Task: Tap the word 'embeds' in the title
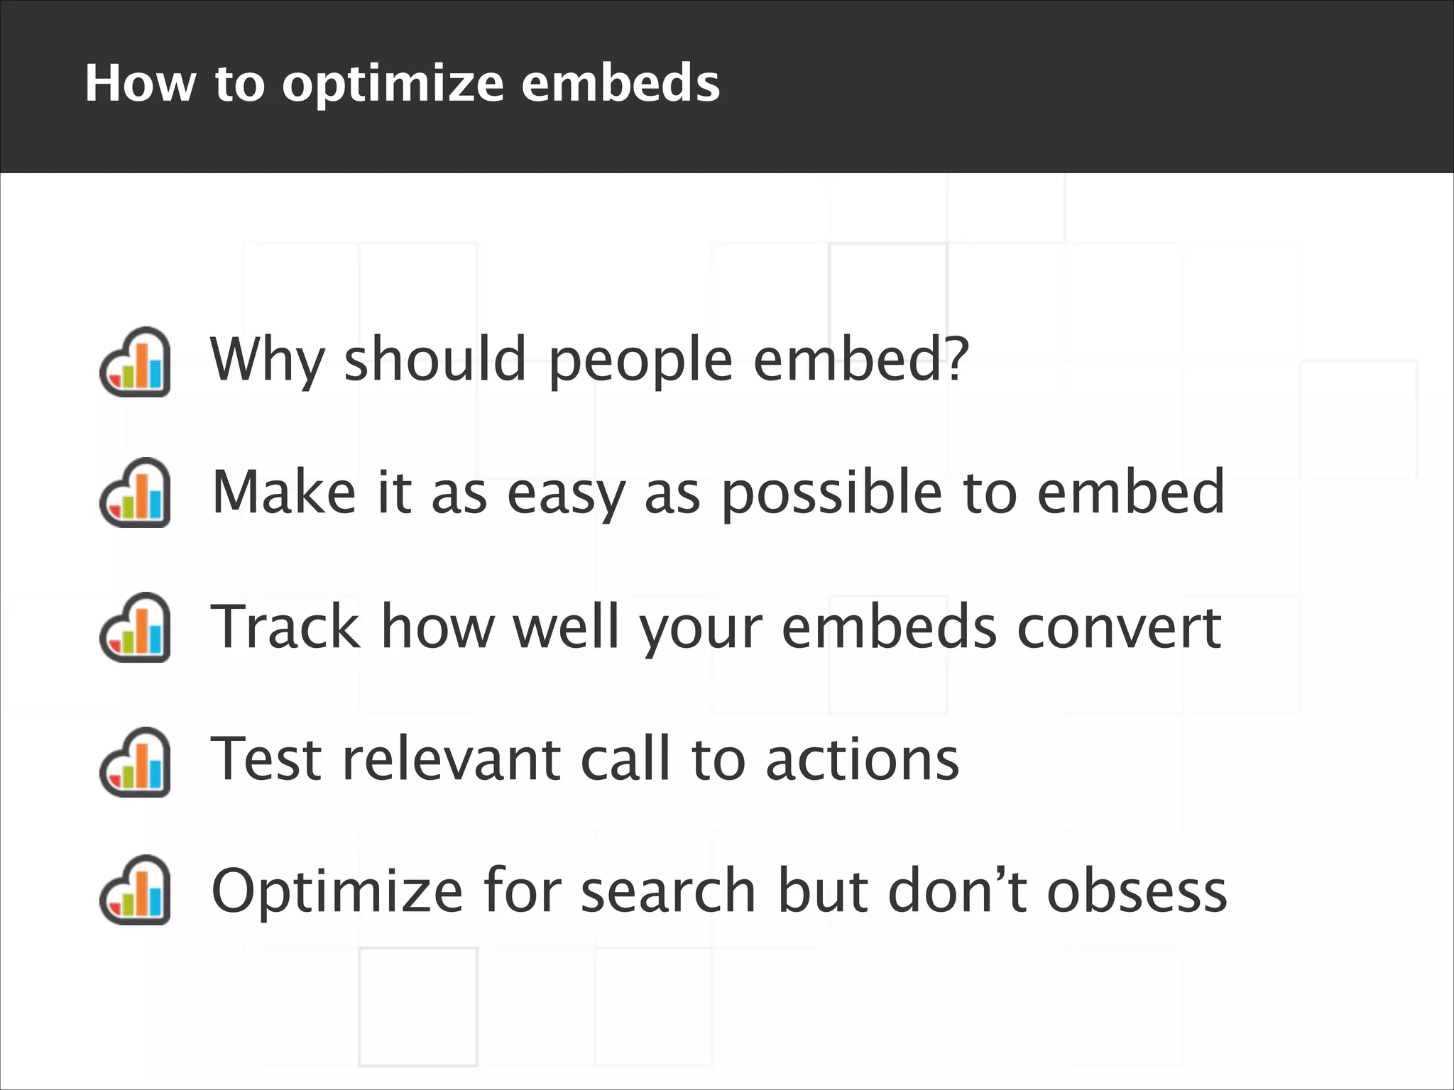(x=621, y=83)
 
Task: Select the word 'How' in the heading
(x=140, y=83)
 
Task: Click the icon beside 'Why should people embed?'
(x=135, y=362)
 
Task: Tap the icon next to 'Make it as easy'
(x=135, y=493)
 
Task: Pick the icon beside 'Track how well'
(x=135, y=627)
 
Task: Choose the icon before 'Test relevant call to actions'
(x=135, y=762)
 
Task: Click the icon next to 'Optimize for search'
(x=135, y=890)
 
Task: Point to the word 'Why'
(x=267, y=360)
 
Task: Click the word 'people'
(x=640, y=360)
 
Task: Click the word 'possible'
(x=831, y=493)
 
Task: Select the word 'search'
(x=668, y=891)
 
